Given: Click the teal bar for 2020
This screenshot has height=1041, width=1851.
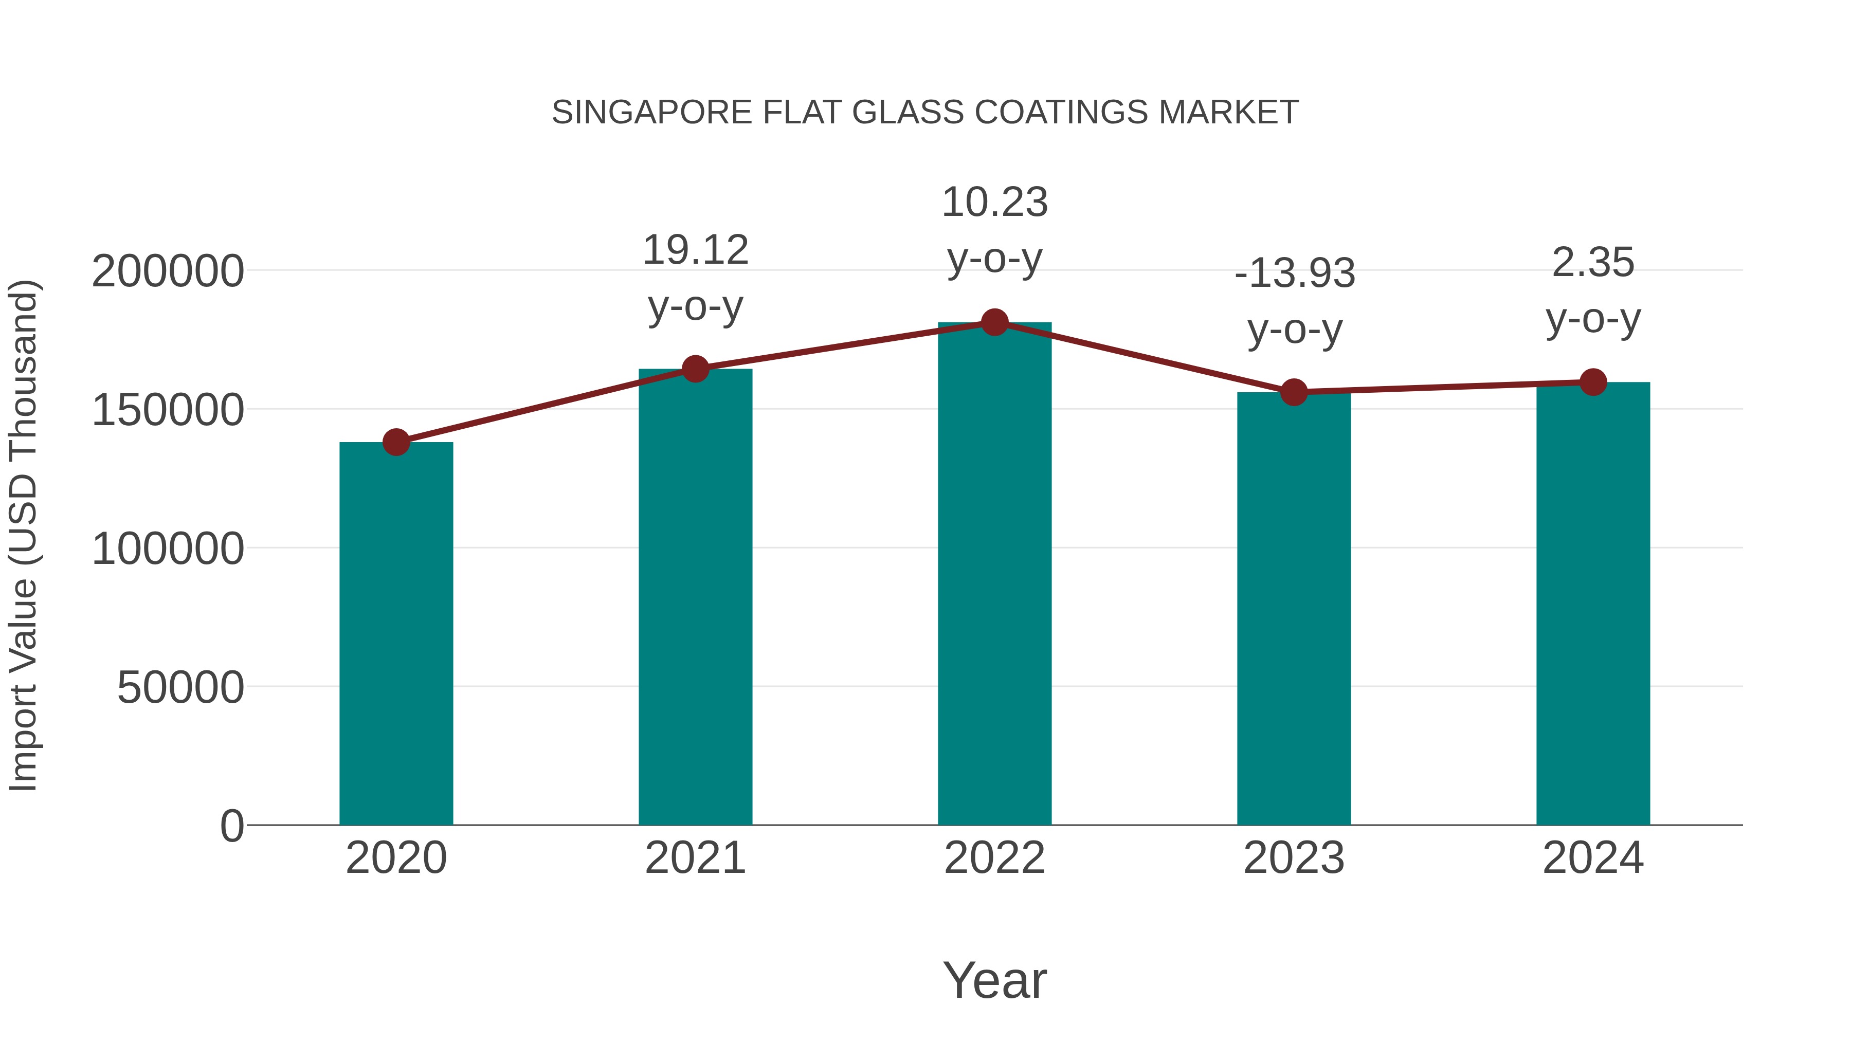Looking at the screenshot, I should coord(396,632).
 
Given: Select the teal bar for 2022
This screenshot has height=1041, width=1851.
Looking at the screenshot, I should coord(994,575).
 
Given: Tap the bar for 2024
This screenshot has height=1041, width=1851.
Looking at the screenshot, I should coord(1593,604).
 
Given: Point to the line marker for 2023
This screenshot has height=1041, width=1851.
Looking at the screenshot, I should coord(1294,392).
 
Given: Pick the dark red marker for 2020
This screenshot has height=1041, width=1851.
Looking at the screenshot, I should coord(396,442).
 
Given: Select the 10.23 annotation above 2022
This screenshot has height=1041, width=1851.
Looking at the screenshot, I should coord(994,203).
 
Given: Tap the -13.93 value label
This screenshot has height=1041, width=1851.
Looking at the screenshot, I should coord(1294,273).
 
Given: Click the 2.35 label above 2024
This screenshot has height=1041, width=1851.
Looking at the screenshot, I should coord(1593,263).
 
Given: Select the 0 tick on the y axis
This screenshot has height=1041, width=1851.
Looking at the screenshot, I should coord(232,826).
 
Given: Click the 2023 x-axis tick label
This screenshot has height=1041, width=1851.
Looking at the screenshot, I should coord(1294,858).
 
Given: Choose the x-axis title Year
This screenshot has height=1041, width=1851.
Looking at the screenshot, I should coord(994,980).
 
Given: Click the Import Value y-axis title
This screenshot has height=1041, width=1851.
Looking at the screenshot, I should coord(24,535).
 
